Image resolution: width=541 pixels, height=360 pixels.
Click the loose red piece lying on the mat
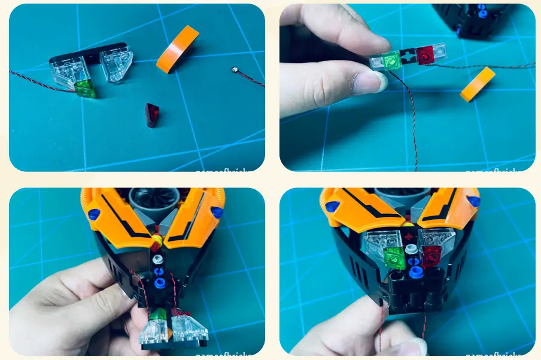(153, 114)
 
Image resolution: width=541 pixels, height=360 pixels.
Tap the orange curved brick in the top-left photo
(177, 49)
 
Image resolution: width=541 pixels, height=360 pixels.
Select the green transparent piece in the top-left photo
(86, 89)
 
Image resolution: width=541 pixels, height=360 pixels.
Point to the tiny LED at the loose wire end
(233, 71)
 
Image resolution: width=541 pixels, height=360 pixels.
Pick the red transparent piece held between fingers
(425, 55)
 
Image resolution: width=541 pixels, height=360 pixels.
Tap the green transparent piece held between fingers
(392, 60)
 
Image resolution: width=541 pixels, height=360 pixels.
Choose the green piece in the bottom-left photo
(157, 315)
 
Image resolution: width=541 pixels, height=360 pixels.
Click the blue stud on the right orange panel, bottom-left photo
(217, 212)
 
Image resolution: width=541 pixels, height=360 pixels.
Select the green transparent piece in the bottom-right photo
(394, 258)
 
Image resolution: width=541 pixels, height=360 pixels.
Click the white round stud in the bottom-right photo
(411, 249)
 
